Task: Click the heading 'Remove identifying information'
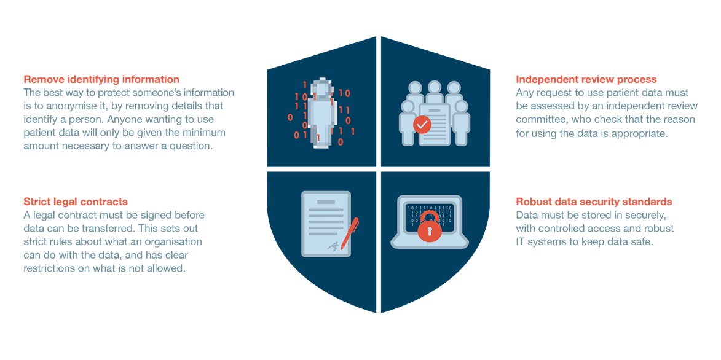101,79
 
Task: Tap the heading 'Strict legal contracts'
76,202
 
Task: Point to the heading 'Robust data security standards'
594,202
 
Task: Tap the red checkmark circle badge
422,125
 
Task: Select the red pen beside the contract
350,233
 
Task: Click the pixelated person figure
320,109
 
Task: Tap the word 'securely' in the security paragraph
648,215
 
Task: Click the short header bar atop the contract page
326,202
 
